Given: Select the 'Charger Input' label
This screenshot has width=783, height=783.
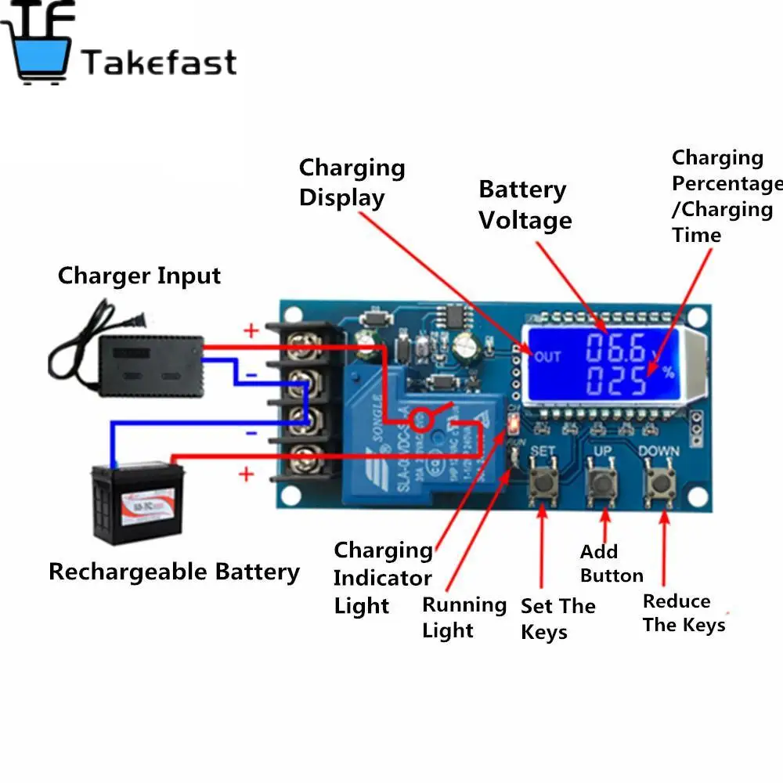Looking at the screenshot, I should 139,276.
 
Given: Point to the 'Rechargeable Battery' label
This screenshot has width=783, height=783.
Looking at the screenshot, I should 174,572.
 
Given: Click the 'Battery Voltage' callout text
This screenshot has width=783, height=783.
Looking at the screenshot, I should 525,205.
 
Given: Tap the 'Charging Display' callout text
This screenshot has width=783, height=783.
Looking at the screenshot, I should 352,182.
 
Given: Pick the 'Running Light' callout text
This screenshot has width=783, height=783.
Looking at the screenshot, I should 464,617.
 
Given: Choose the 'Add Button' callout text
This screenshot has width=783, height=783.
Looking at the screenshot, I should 611,564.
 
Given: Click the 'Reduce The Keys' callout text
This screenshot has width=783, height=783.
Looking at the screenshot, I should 684,613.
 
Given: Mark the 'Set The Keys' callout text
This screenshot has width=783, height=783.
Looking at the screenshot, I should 557,619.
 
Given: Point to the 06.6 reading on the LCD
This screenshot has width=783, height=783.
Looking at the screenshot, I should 616,347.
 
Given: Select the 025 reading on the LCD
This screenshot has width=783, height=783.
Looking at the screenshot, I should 618,382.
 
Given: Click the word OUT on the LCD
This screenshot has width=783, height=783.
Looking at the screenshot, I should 547,357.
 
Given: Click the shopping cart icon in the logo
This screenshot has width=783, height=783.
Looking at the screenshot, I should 39,47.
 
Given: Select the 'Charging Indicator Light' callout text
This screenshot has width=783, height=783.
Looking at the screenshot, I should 383,578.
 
